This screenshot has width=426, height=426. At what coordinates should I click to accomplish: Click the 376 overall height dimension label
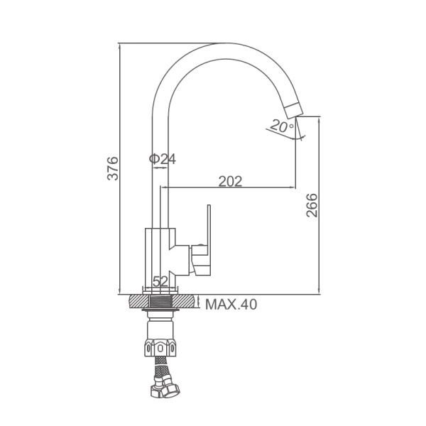click(113, 168)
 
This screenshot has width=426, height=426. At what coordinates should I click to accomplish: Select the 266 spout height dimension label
click(312, 205)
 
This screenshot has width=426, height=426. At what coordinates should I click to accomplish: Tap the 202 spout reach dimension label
click(230, 181)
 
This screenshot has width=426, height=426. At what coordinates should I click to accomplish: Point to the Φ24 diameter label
click(163, 159)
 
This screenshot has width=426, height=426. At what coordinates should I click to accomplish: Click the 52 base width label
click(160, 281)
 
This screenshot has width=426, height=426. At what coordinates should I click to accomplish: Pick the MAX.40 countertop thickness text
click(231, 305)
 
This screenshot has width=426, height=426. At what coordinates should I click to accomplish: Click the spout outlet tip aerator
click(293, 111)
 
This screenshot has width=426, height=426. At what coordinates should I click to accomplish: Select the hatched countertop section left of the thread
click(139, 302)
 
